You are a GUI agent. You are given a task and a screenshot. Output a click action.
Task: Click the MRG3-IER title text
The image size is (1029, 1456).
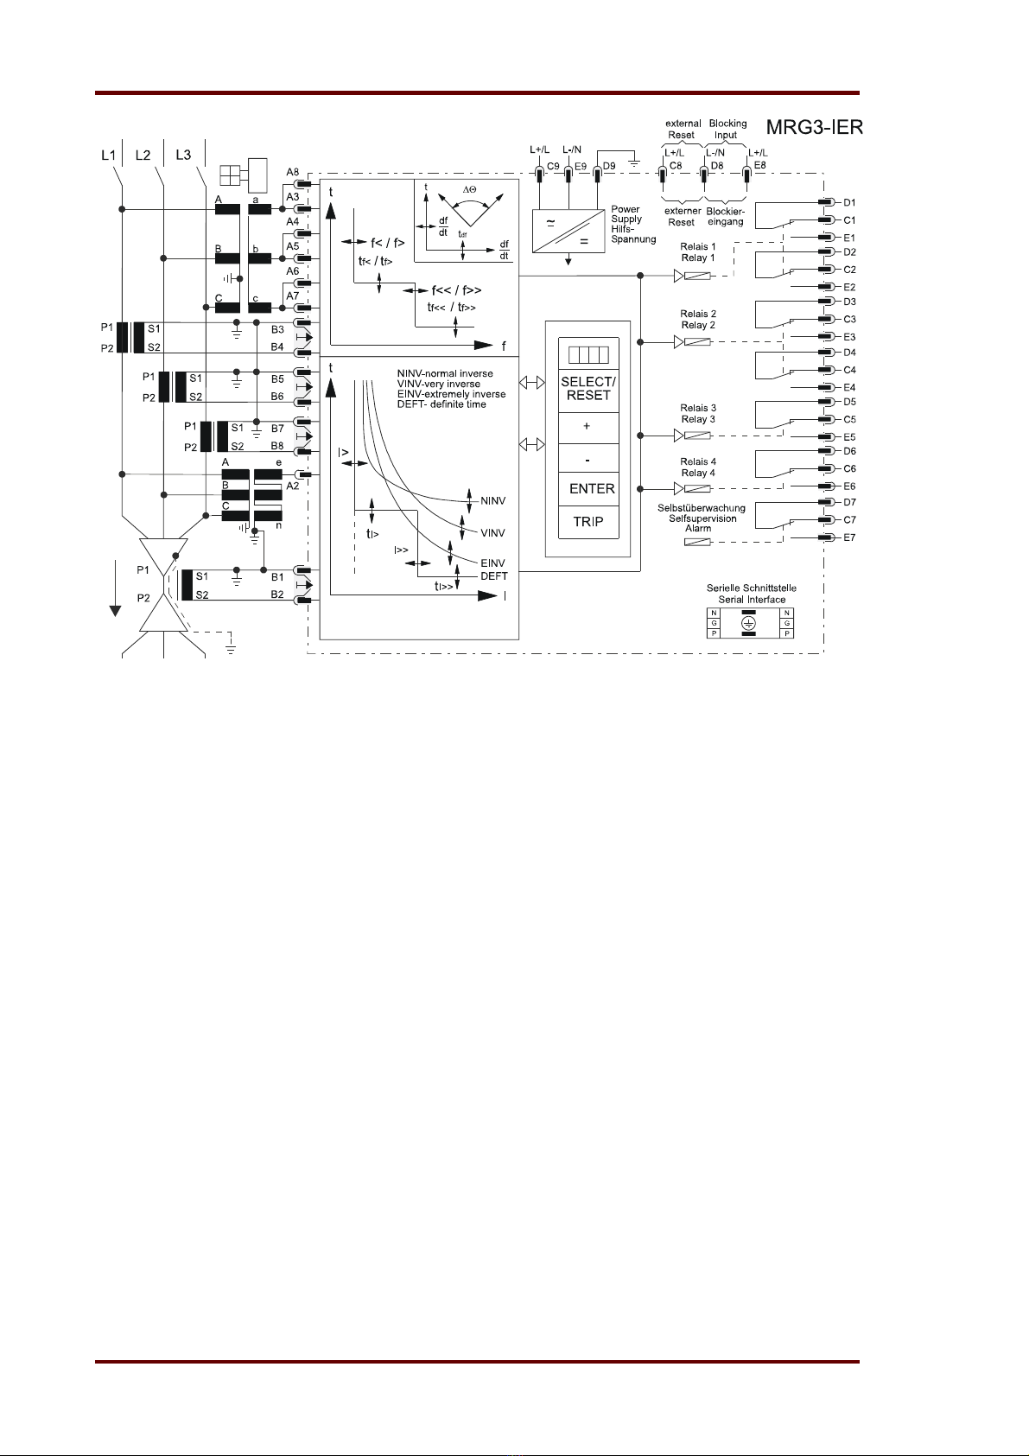(815, 127)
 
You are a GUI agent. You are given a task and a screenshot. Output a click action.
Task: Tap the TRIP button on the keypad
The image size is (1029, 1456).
(588, 522)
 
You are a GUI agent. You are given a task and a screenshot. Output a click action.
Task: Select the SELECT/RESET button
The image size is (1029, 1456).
(588, 389)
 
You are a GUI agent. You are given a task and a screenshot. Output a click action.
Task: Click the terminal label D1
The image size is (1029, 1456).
(849, 202)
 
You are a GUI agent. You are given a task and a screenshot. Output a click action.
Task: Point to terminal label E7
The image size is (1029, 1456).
(849, 537)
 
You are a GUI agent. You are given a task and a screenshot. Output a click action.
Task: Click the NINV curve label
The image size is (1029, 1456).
(492, 501)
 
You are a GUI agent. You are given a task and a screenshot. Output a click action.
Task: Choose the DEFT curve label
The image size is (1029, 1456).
(494, 575)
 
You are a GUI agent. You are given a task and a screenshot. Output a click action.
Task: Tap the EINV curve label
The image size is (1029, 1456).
(492, 563)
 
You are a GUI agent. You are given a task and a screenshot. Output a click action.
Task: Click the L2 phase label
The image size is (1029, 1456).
(143, 156)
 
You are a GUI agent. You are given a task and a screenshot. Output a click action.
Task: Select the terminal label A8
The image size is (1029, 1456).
(293, 172)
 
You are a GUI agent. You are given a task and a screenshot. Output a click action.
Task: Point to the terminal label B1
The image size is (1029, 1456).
(277, 576)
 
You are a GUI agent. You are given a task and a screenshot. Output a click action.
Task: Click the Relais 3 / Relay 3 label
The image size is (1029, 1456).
(698, 413)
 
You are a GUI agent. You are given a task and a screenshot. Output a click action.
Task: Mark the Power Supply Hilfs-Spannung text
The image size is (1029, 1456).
(633, 225)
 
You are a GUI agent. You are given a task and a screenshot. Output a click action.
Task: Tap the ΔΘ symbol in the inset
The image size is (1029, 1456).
(469, 189)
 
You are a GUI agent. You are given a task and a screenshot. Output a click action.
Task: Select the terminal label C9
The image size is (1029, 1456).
(553, 166)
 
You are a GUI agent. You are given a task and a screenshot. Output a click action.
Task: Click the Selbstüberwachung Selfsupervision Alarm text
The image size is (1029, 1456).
(701, 518)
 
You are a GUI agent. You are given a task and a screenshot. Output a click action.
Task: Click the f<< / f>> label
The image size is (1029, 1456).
(456, 289)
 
